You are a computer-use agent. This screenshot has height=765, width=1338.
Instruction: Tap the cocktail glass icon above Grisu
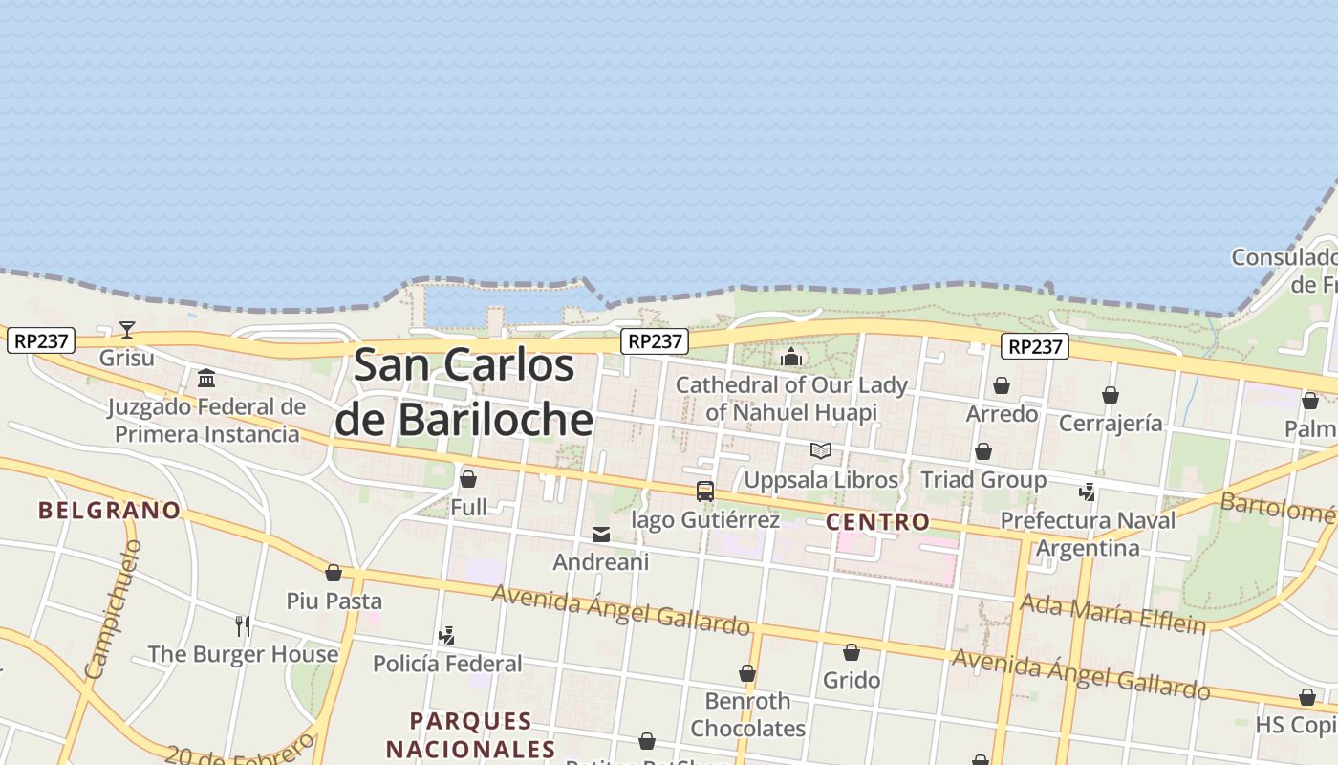pos(127,330)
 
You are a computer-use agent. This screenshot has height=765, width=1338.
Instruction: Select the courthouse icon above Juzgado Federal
pos(206,379)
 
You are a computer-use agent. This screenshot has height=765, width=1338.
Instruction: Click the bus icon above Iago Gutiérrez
pos(705,492)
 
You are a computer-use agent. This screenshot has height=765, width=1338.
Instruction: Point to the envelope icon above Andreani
pos(601,534)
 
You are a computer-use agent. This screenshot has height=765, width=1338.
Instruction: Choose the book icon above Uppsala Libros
pos(820,450)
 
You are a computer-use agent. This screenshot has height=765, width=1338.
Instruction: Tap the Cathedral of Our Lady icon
pos(791,358)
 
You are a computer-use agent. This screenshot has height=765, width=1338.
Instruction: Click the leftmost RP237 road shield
pos(41,340)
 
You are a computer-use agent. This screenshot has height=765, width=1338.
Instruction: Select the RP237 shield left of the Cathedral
pos(655,340)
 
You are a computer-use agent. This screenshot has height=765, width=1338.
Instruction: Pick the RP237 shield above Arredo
pos(1035,346)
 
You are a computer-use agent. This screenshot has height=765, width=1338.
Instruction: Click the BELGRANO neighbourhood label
pos(110,510)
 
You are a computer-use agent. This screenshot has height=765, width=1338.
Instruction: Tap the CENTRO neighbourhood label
pos(877,521)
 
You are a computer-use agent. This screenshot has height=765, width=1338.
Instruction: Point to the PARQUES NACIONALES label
pos(484,733)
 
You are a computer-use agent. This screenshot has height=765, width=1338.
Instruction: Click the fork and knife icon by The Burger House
pos(243,626)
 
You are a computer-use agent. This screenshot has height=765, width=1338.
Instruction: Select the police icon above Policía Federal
pos(446,635)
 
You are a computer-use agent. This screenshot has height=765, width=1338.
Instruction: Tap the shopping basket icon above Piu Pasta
pos(334,573)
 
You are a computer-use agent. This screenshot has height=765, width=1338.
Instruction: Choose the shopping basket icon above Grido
pos(851,652)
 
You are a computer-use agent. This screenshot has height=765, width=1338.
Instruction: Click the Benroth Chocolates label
pos(747,714)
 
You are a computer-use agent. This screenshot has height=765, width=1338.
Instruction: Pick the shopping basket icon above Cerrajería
pos(1111,395)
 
